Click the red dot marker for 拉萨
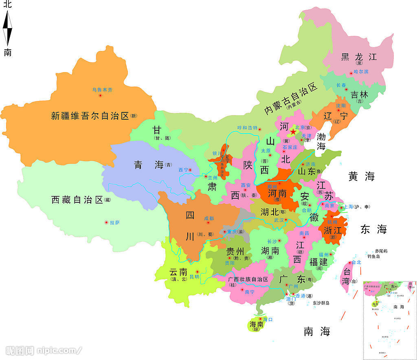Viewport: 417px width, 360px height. pyautogui.click(x=107, y=222)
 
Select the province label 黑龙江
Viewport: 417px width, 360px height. pyautogui.click(x=359, y=57)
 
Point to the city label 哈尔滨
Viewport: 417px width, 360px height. pyautogui.click(x=361, y=72)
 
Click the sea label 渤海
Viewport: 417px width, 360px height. pyautogui.click(x=321, y=141)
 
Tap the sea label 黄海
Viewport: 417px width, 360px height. pyautogui.click(x=361, y=176)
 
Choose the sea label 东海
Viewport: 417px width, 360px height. pyautogui.click(x=373, y=229)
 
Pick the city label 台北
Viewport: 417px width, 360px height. pyautogui.click(x=356, y=262)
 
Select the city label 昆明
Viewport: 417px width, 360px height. pyautogui.click(x=195, y=277)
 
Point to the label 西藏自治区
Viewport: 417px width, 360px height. pyautogui.click(x=77, y=200)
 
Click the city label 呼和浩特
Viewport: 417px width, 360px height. pyautogui.click(x=248, y=128)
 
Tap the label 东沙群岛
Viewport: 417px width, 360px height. pyautogui.click(x=321, y=303)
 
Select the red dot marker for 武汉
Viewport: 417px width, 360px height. pyautogui.click(x=286, y=220)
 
